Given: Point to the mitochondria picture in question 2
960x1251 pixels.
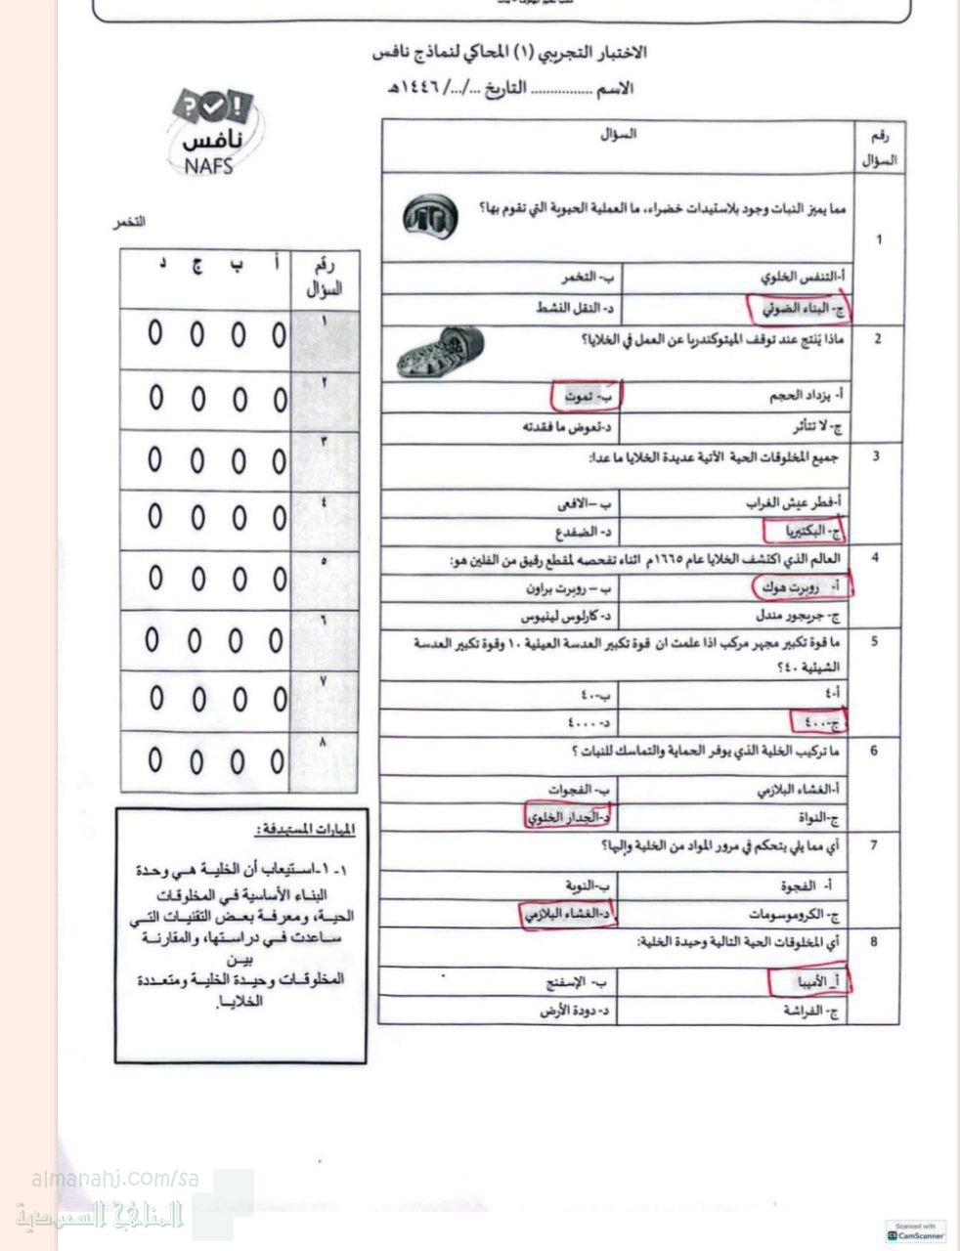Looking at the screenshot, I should coord(442,353).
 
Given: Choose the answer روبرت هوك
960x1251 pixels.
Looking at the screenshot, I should coord(805,586).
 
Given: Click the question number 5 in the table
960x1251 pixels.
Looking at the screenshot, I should coord(875,641).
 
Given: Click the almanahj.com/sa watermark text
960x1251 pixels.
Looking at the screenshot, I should coord(115,1180).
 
